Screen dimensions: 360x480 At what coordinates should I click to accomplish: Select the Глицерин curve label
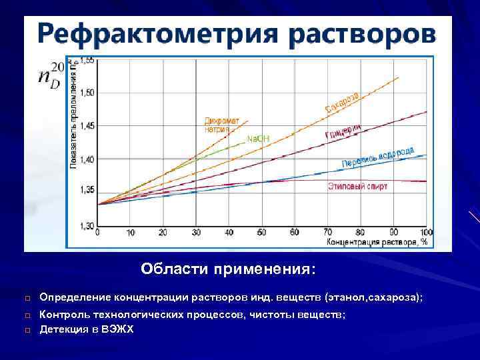pyautogui.click(x=343, y=131)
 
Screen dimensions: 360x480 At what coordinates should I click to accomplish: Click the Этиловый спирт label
pyautogui.click(x=357, y=187)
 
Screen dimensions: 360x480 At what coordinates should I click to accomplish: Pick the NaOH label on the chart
pyautogui.click(x=258, y=139)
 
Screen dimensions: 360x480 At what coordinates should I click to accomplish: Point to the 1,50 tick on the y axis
pyautogui.click(x=87, y=92)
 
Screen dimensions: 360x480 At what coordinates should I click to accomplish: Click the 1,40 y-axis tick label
pyautogui.click(x=87, y=159)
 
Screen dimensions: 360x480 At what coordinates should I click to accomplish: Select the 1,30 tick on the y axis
pyautogui.click(x=87, y=226)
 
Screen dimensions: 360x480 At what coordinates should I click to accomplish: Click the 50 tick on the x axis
pyautogui.click(x=261, y=233)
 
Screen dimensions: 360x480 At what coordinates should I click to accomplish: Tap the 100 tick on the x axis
pyautogui.click(x=425, y=233)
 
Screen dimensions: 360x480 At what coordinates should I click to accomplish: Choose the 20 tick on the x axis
pyautogui.click(x=163, y=233)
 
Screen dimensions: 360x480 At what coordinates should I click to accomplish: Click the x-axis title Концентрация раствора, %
pyautogui.click(x=377, y=241)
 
